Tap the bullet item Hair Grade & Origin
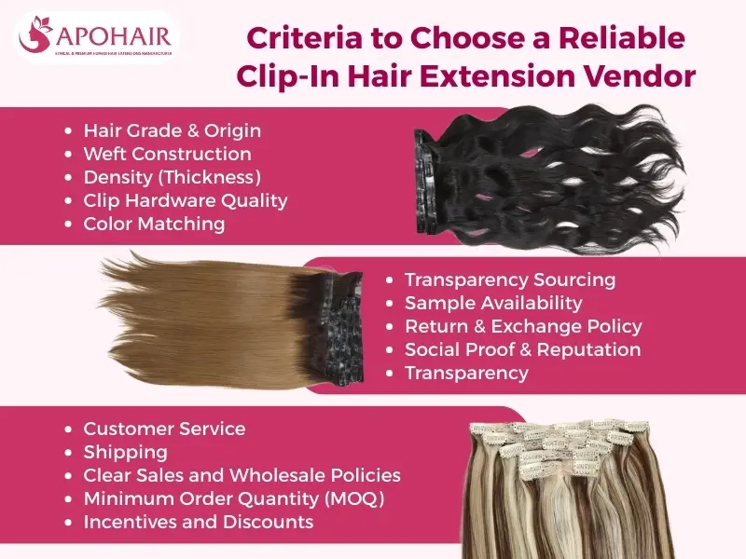pos(172,130)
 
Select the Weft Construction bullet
pos(167,154)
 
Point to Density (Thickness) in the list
pos(172,177)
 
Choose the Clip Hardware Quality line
pos(185,200)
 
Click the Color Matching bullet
pos(154,224)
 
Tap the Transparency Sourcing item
pos(510,279)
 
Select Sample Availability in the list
pos(493,303)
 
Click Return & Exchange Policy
pos(523,326)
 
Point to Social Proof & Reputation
pos(522,349)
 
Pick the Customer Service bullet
pos(164,429)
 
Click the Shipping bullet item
pos(125,452)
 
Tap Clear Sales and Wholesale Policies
pos(242,475)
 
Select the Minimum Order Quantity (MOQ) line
pos(233,498)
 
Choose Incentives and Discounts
pos(198,522)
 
